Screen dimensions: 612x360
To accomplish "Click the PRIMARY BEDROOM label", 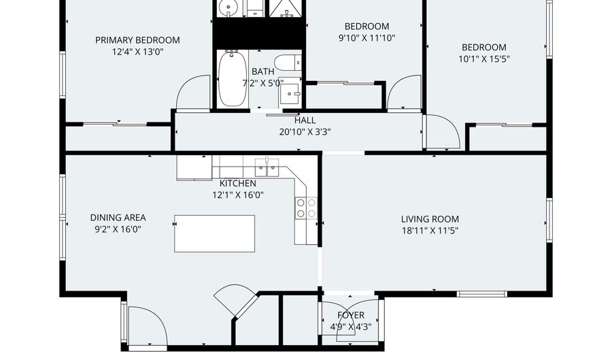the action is click(x=137, y=40).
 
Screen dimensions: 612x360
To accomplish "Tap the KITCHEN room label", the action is click(x=238, y=184).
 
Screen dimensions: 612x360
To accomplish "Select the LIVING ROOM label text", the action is click(x=430, y=219).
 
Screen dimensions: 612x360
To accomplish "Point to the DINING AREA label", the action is click(x=118, y=218).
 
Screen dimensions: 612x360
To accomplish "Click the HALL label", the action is click(x=305, y=120).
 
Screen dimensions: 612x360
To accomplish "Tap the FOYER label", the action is click(x=351, y=315).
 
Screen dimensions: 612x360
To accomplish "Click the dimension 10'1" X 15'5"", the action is click(x=484, y=59).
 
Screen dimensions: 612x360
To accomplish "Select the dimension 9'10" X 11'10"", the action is click(x=367, y=38).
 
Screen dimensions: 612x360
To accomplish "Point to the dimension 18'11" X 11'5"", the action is click(x=430, y=231).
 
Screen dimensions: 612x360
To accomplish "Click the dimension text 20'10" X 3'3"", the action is click(x=305, y=132).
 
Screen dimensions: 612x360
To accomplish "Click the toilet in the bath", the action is click(x=288, y=63).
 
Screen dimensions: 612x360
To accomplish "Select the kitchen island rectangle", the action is click(x=215, y=233).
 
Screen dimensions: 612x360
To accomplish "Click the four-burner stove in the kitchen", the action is click(x=306, y=208).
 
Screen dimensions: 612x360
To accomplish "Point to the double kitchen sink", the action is click(x=267, y=167).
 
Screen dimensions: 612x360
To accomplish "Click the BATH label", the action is click(x=263, y=72).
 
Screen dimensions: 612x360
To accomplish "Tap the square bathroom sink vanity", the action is click(x=290, y=93).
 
